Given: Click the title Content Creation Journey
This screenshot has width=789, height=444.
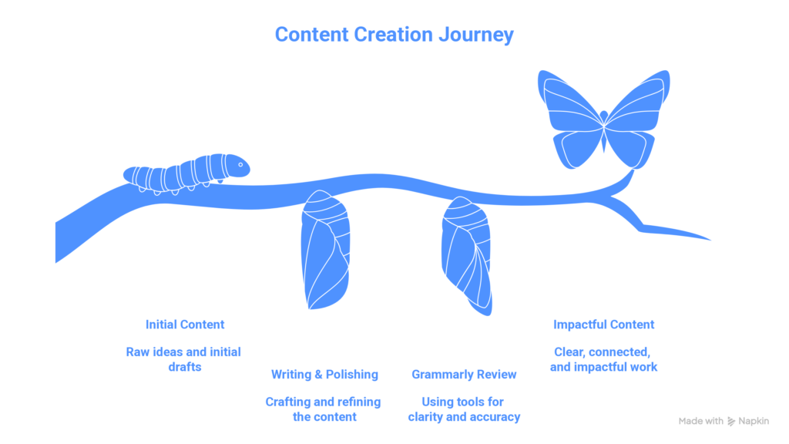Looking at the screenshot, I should pyautogui.click(x=394, y=35).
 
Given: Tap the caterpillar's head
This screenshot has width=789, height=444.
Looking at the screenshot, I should pyautogui.click(x=238, y=165).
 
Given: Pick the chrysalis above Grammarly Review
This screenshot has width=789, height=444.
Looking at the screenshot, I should pyautogui.click(x=466, y=254).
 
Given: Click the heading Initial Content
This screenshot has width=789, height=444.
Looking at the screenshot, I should pyautogui.click(x=185, y=325).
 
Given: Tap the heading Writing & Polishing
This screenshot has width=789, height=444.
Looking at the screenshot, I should pyautogui.click(x=324, y=375).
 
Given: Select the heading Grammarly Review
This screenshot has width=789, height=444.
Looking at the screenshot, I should pyautogui.click(x=464, y=375).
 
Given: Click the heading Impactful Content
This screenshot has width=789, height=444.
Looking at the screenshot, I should pyautogui.click(x=604, y=325).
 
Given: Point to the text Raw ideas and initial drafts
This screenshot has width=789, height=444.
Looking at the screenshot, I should pyautogui.click(x=184, y=359).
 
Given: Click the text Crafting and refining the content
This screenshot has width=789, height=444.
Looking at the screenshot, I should pyautogui.click(x=324, y=409).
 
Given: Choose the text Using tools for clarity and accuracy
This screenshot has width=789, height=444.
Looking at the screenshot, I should pyautogui.click(x=464, y=409).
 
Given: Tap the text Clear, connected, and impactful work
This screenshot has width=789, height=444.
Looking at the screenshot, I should pyautogui.click(x=604, y=359).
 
